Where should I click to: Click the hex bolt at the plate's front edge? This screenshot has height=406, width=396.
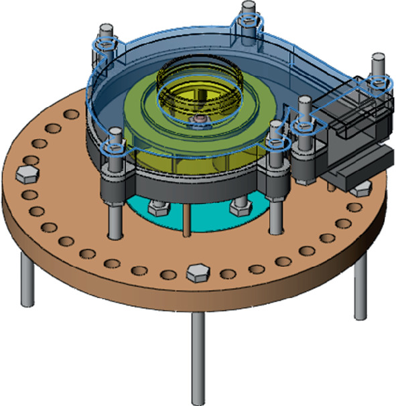(196, 273)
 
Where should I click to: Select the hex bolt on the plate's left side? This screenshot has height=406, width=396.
(28, 175)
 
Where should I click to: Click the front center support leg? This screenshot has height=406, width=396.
(199, 356)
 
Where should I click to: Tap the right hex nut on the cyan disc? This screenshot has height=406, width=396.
(240, 208)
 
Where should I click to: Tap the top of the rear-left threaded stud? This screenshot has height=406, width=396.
(104, 31)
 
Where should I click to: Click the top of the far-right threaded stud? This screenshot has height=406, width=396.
(379, 62)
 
